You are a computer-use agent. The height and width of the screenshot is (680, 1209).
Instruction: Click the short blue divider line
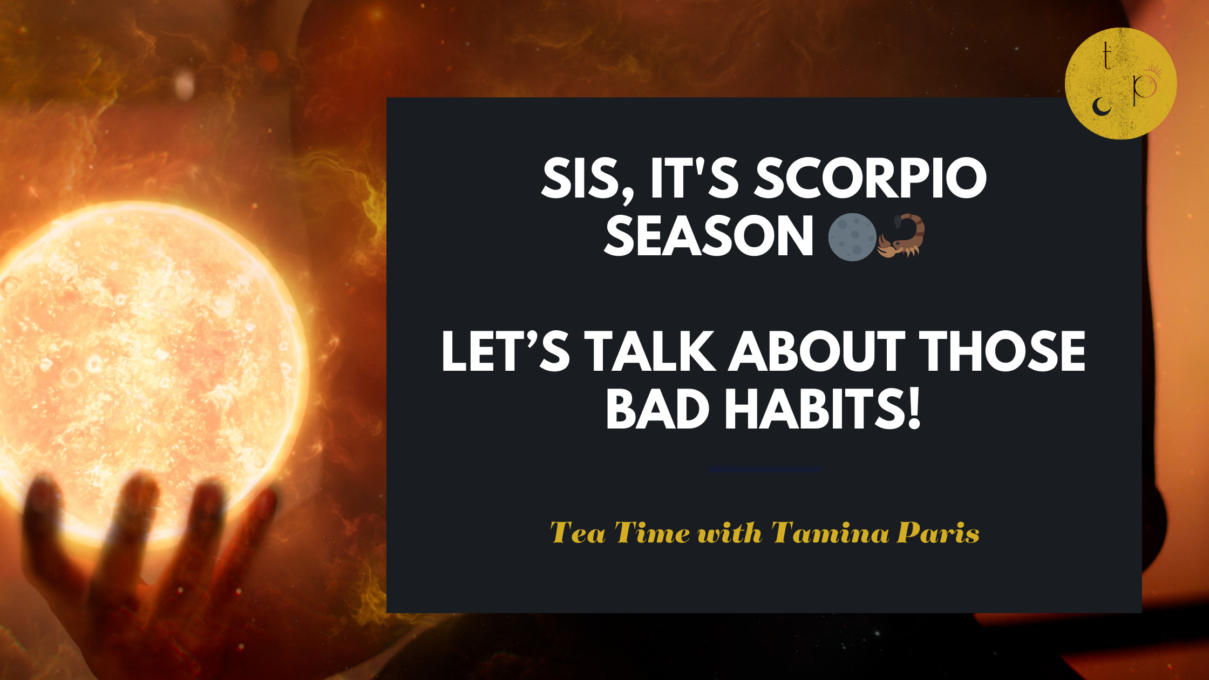tap(764, 470)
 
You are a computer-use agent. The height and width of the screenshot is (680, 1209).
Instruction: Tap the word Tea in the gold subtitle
tap(578, 533)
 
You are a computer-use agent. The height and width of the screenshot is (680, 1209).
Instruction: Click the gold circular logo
tap(1120, 84)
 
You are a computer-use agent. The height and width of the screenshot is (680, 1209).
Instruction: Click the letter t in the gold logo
tap(1106, 57)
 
